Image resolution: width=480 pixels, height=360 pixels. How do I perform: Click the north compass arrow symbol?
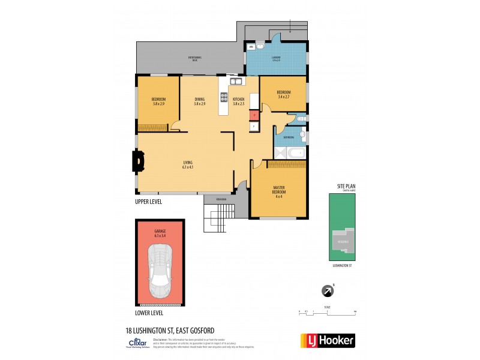(x=329, y=291)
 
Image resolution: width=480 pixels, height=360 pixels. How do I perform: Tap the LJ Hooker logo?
(x=327, y=340)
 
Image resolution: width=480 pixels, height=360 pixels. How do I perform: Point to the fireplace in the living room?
(x=138, y=160)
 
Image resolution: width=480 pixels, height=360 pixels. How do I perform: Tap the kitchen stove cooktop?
(x=224, y=98)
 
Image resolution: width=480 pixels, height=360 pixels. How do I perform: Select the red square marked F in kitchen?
(x=254, y=113)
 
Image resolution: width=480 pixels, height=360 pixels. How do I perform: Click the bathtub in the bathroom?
(x=296, y=152)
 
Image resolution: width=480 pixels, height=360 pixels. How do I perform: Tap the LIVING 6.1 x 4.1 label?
(x=188, y=164)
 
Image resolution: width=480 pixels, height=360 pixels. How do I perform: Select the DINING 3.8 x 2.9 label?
(x=199, y=101)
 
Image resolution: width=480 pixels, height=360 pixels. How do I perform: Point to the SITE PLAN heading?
(x=346, y=187)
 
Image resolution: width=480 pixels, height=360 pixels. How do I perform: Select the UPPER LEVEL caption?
(x=149, y=202)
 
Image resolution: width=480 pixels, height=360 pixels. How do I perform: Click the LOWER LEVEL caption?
(x=149, y=313)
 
